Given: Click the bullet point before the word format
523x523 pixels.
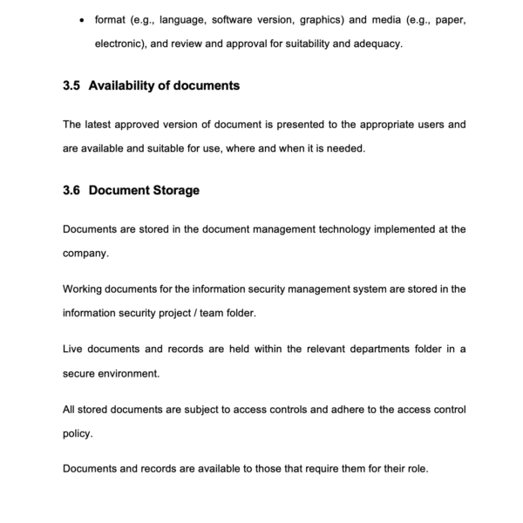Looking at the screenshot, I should click(x=82, y=19).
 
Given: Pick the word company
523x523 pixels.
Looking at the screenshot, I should click(x=86, y=254).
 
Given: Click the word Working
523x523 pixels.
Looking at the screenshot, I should click(x=85, y=289).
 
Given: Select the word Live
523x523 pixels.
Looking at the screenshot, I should click(x=73, y=349).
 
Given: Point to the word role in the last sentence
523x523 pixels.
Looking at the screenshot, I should click(x=416, y=468).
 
